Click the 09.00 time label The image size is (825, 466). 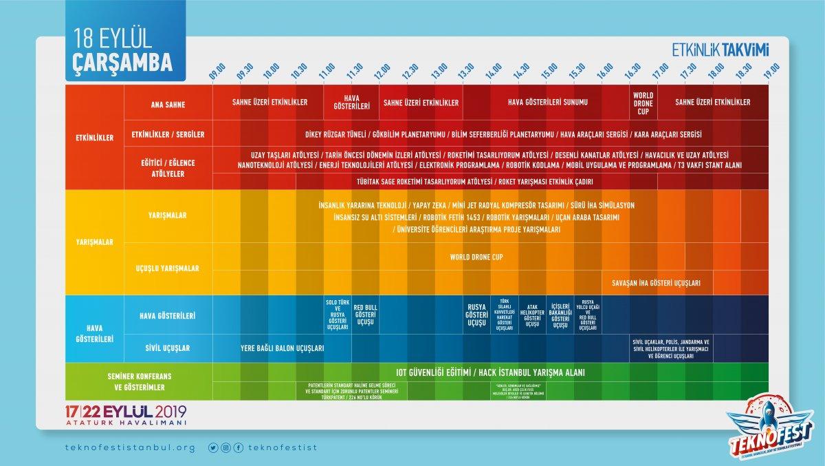tap(217, 72)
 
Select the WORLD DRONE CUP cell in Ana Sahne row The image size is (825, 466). tap(643, 103)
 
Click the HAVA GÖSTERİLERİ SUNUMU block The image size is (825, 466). tap(547, 103)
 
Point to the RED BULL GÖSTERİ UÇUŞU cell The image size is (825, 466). tap(364, 315)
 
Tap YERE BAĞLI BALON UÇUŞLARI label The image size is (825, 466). tap(282, 348)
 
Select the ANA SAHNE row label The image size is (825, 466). tap(168, 105)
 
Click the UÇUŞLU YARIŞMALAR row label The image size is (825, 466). tap(168, 268)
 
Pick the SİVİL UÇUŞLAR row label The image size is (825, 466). tap(168, 348)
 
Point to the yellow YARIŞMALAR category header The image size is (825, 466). tap(94, 242)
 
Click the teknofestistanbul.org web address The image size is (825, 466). tap(129, 447)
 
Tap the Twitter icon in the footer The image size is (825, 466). tap(213, 447)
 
